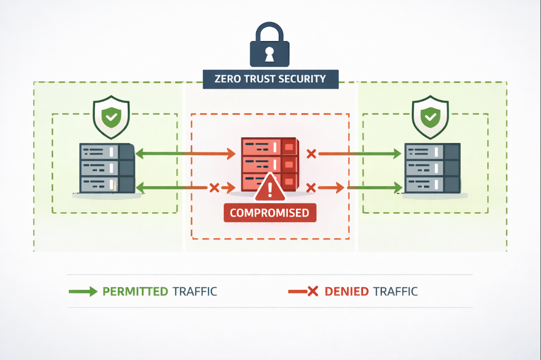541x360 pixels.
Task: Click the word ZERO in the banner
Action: coord(227,79)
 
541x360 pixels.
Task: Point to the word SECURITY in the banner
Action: coord(305,79)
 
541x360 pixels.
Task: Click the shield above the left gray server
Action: coord(110,117)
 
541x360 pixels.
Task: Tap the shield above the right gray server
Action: coord(430,117)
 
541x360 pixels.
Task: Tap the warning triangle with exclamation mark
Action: coord(270,188)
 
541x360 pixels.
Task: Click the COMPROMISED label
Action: coord(269,213)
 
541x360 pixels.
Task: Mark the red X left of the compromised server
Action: coord(214,187)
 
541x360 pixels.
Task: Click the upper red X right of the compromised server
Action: coord(311,154)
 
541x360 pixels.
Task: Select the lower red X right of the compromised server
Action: coord(311,187)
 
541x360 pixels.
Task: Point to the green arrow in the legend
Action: coord(82,291)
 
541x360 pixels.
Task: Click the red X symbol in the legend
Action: coord(312,291)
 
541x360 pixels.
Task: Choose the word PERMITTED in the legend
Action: coord(135,291)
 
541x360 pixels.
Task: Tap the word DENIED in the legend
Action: coord(347,291)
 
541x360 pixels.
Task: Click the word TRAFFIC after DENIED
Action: coord(395,291)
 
